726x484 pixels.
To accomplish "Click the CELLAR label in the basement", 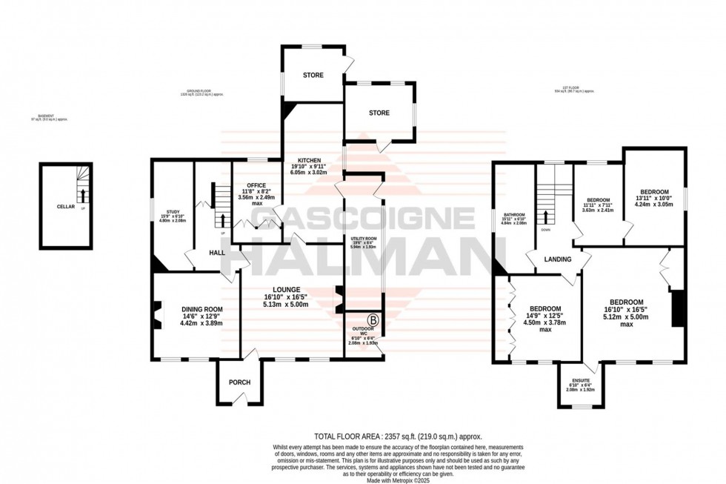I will point(65,207).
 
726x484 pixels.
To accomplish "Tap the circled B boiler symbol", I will point(374,321).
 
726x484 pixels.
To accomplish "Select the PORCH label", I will point(239,382).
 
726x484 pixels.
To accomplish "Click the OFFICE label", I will point(256,185).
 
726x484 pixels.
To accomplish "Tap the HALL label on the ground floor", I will point(216,253).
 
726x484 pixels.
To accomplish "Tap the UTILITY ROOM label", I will point(364,239).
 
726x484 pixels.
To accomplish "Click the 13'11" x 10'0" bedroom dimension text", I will point(654,198).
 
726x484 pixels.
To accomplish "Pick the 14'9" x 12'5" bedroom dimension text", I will point(544,316).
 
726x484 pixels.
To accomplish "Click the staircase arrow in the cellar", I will point(83,197).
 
